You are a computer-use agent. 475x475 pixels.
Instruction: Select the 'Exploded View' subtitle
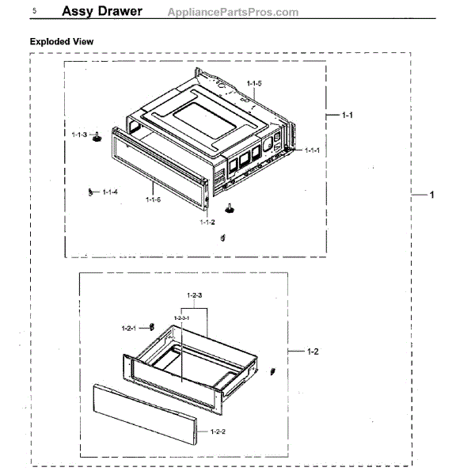[63, 40]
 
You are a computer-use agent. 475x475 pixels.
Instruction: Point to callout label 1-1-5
[254, 83]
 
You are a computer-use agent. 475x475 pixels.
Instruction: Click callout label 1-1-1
[312, 150]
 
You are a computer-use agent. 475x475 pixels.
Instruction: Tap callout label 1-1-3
[78, 135]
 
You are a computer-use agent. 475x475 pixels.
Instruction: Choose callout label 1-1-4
[110, 192]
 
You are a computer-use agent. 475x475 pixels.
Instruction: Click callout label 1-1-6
[154, 199]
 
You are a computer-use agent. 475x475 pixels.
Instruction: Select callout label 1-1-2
[207, 222]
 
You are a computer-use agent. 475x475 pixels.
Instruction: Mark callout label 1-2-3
[196, 295]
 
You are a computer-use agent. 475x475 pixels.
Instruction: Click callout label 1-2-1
[129, 328]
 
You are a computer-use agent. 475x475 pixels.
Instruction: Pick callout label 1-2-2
[218, 431]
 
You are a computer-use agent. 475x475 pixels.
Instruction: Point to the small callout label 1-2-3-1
[182, 317]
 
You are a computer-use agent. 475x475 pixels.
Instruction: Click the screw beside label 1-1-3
[96, 137]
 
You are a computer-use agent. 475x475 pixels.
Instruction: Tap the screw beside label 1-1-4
[92, 191]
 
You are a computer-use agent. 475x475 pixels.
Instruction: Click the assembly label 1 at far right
[432, 195]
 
